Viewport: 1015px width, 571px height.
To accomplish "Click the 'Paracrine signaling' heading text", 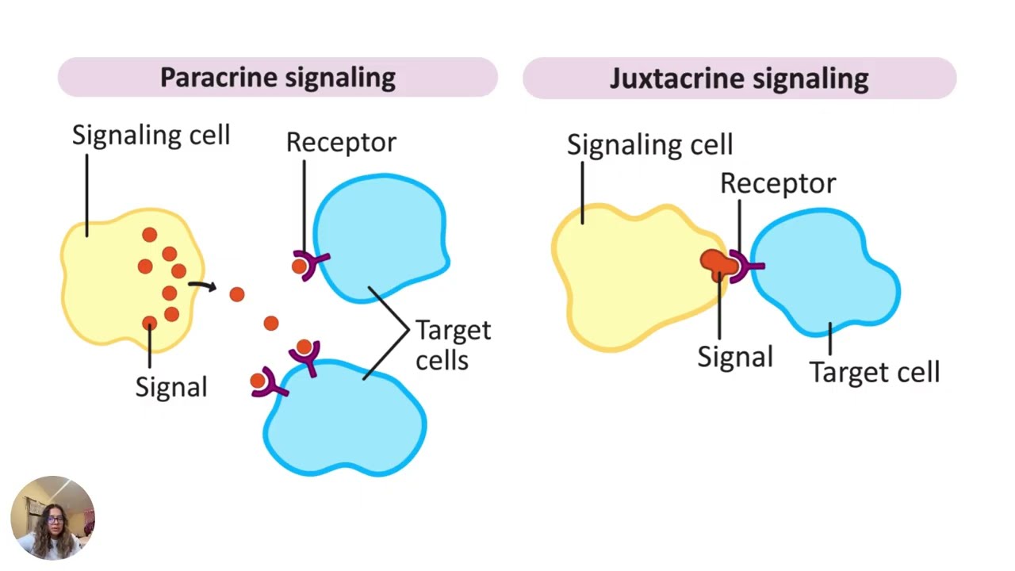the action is click(x=278, y=78).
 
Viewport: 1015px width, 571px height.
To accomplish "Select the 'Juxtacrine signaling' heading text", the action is click(x=739, y=79).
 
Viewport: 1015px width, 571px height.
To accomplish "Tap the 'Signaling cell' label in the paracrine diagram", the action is click(x=151, y=135).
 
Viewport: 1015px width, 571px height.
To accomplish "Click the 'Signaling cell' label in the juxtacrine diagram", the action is click(x=649, y=145).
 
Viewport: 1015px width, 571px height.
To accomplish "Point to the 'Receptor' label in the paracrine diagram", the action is click(x=341, y=143).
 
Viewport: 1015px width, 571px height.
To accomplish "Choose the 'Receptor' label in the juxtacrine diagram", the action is click(x=778, y=183).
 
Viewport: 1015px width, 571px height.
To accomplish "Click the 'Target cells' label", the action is click(x=453, y=345).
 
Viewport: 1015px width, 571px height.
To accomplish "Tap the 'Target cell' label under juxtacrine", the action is click(x=875, y=373).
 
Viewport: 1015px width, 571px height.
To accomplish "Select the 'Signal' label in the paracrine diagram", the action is click(x=171, y=388).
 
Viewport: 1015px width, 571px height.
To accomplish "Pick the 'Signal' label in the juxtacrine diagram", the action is click(x=735, y=357).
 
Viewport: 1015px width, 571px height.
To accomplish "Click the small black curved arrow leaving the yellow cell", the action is click(x=202, y=285).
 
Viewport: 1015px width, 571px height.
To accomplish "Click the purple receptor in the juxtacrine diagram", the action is click(x=744, y=266).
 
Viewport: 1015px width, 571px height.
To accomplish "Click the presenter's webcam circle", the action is click(x=53, y=518).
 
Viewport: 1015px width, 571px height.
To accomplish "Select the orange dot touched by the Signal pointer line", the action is click(x=150, y=323).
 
